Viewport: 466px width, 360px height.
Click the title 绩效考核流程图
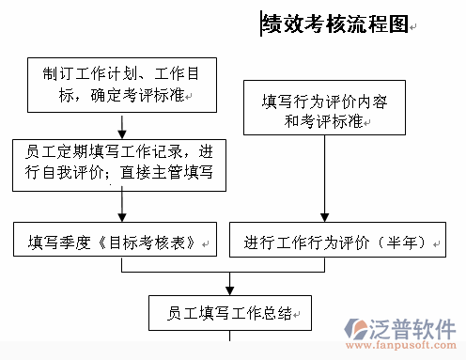[334, 24]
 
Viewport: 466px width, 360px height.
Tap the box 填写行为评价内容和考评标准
[324, 109]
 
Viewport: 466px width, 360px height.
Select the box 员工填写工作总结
[230, 312]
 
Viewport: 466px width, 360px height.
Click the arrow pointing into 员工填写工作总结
[230, 284]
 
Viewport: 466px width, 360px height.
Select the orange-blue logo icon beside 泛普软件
[358, 330]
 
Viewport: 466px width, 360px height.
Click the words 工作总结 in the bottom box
[261, 313]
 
